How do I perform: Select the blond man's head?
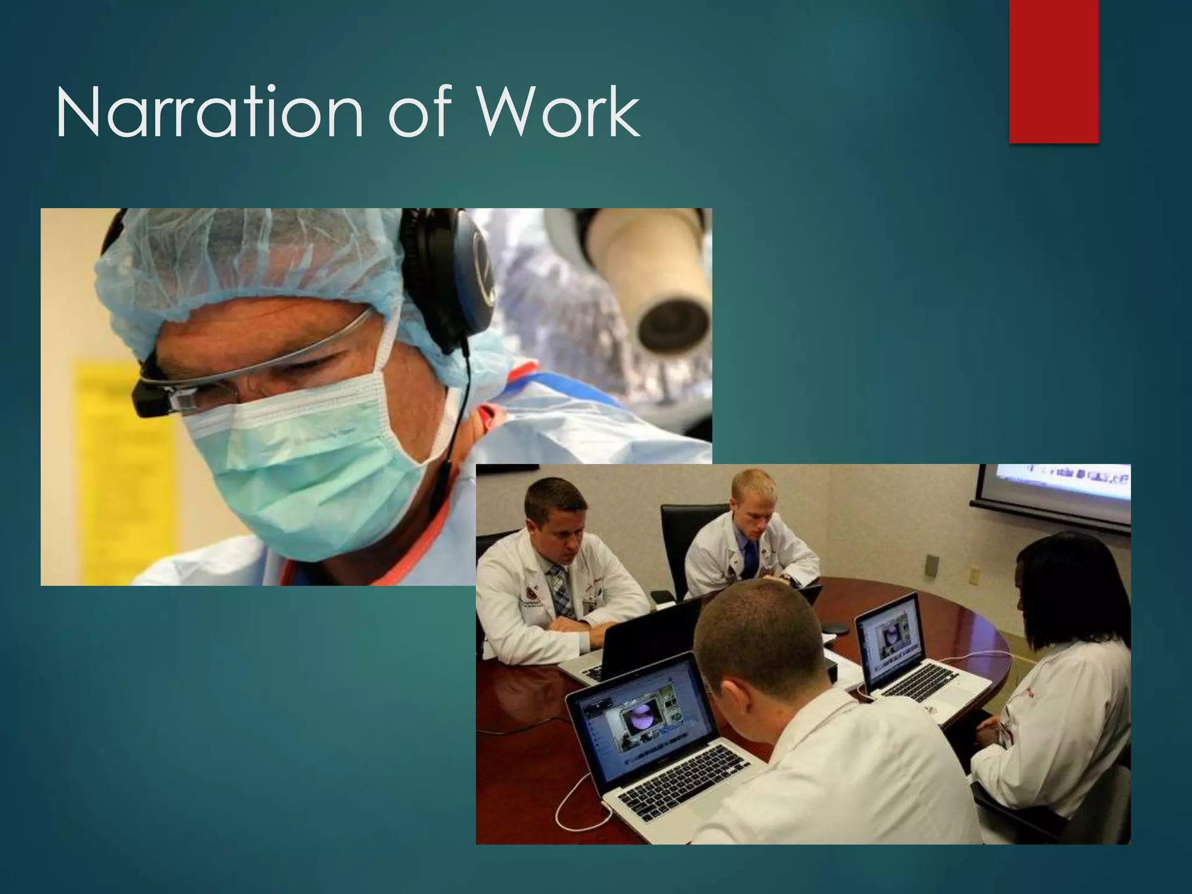pos(754,501)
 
